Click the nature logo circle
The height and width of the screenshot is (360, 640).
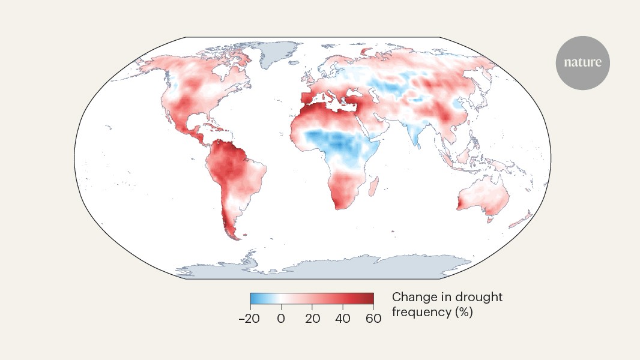(582, 63)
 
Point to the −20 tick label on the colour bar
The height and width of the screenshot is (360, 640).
(249, 319)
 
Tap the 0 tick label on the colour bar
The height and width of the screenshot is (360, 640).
(280, 319)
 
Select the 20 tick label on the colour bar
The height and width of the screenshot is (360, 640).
(312, 319)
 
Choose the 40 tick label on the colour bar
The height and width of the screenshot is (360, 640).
(343, 319)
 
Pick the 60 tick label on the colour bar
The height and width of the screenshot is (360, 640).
(373, 319)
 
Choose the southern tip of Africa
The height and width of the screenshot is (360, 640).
(342, 206)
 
